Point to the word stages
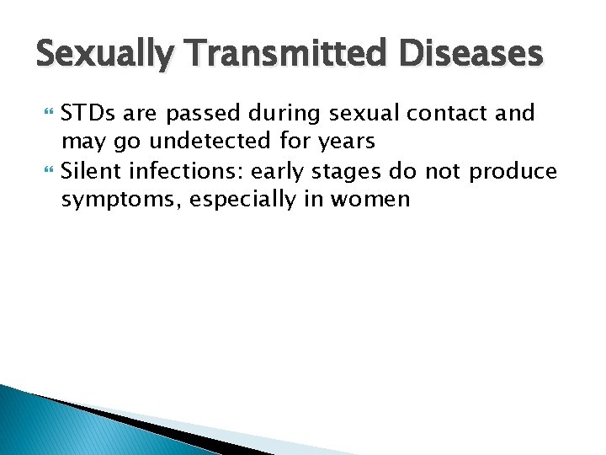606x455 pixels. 343,173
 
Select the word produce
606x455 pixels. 513,173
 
